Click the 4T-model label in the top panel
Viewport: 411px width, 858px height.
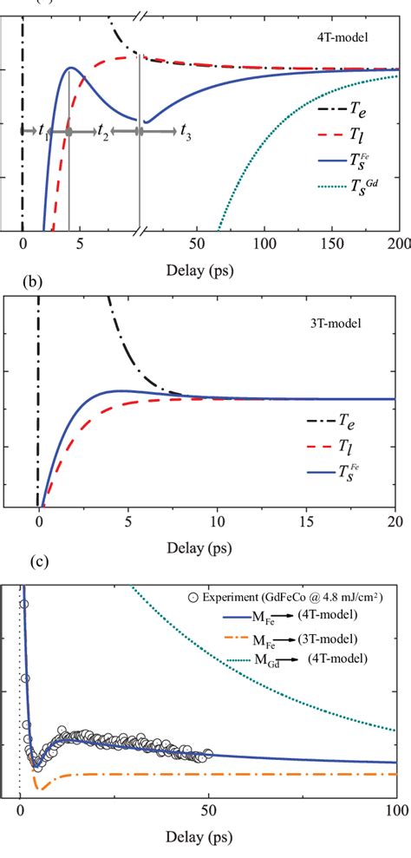tap(358, 37)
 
